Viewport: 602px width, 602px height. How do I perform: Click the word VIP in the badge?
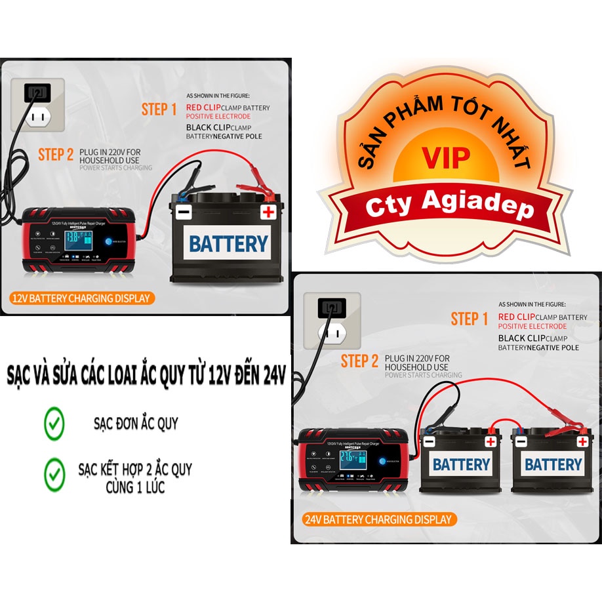pyautogui.click(x=446, y=159)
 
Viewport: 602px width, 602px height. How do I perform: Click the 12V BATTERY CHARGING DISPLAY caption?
pyautogui.click(x=81, y=298)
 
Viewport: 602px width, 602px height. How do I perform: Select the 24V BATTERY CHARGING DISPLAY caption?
pyautogui.click(x=379, y=519)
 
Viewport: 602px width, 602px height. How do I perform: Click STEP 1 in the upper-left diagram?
pyautogui.click(x=159, y=110)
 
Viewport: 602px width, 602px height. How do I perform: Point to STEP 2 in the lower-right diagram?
pyautogui.click(x=359, y=361)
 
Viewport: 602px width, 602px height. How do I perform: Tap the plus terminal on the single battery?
pyautogui.click(x=268, y=211)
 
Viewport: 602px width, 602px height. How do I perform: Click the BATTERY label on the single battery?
pyautogui.click(x=228, y=244)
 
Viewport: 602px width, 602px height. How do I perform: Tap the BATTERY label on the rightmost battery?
pyautogui.click(x=553, y=465)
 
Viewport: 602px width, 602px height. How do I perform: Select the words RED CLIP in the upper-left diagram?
pyautogui.click(x=203, y=108)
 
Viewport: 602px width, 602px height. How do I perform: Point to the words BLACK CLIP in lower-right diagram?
pyautogui.click(x=521, y=338)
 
